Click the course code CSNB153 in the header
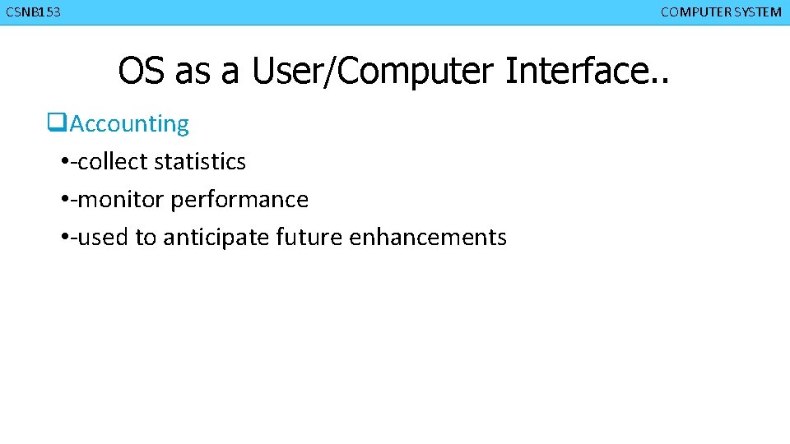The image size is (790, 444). tap(33, 12)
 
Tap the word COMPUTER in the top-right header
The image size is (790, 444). tap(690, 12)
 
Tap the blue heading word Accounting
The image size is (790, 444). tap(129, 124)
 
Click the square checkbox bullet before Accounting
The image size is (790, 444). tap(56, 124)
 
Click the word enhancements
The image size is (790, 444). tap(428, 238)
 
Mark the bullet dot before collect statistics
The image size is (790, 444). tap(64, 162)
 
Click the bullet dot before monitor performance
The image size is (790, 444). tap(64, 200)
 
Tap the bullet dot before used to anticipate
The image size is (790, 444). tap(64, 238)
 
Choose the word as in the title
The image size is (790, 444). tap(193, 71)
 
